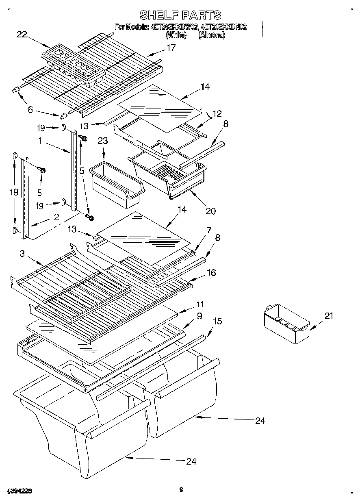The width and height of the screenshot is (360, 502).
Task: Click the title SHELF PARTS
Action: tap(180, 15)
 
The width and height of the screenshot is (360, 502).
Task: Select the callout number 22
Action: tap(22, 35)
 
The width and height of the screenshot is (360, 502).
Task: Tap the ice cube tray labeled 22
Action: tap(73, 67)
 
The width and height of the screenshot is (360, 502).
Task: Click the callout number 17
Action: tap(171, 48)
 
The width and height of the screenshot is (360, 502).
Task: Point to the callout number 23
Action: tap(103, 141)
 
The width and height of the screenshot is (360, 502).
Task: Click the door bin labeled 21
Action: tap(286, 323)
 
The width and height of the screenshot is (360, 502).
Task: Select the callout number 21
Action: tap(329, 316)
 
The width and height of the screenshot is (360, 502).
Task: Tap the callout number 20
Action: tap(210, 211)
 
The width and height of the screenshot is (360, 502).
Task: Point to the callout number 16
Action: tap(211, 272)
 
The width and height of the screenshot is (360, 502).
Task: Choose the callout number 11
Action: tap(200, 304)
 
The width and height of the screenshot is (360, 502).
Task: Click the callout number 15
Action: tap(218, 322)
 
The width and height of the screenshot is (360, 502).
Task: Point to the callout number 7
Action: tap(208, 230)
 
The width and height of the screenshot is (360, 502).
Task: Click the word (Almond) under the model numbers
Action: tap(211, 35)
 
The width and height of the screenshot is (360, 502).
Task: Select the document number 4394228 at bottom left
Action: tap(20, 491)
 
